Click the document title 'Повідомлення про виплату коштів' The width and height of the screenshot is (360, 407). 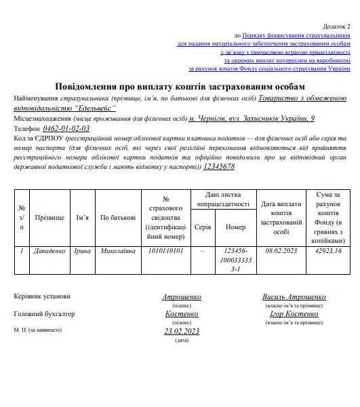[x=180, y=86]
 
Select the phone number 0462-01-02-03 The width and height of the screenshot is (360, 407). [x=66, y=128]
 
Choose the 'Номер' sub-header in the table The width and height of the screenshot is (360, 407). [x=235, y=227]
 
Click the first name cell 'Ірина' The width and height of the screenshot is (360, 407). [x=83, y=251]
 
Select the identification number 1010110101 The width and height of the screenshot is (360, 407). [x=165, y=251]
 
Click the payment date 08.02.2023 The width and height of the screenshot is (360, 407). [x=281, y=251]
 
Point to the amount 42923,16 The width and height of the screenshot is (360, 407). [x=329, y=251]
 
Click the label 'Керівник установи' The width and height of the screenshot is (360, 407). [x=41, y=296]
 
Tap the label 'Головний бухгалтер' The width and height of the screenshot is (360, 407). [x=44, y=314]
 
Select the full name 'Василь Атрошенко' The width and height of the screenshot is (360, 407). [x=294, y=297]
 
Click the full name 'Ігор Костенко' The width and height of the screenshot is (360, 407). [x=294, y=314]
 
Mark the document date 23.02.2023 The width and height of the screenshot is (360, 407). [x=182, y=331]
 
